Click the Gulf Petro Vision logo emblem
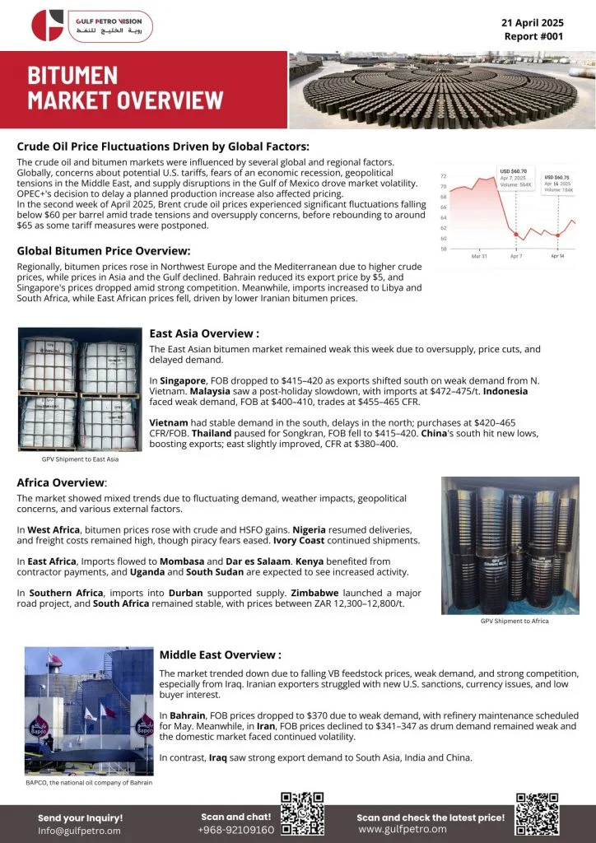coord(48,25)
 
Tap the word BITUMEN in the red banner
coord(72,77)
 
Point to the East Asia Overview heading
coord(204,333)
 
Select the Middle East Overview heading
coord(220,654)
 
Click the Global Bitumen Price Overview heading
coord(104,250)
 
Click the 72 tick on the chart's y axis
coord(444,176)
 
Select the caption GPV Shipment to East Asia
coord(68,459)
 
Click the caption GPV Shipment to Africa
coord(515,621)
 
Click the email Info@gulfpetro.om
coord(79,831)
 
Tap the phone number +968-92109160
coord(235,830)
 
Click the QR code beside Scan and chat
coord(303,815)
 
